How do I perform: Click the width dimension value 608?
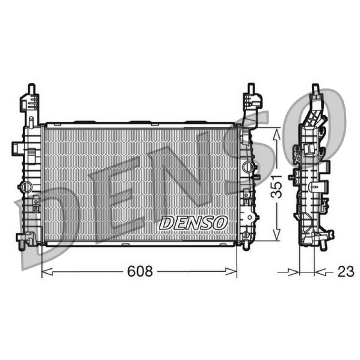(140, 271)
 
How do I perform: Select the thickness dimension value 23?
(346, 272)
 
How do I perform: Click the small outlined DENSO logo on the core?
(193, 222)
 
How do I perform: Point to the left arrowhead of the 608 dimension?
(47, 271)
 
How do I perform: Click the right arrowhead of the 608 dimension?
(231, 271)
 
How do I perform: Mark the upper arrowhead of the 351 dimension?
(276, 134)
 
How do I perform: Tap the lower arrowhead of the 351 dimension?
(276, 235)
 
